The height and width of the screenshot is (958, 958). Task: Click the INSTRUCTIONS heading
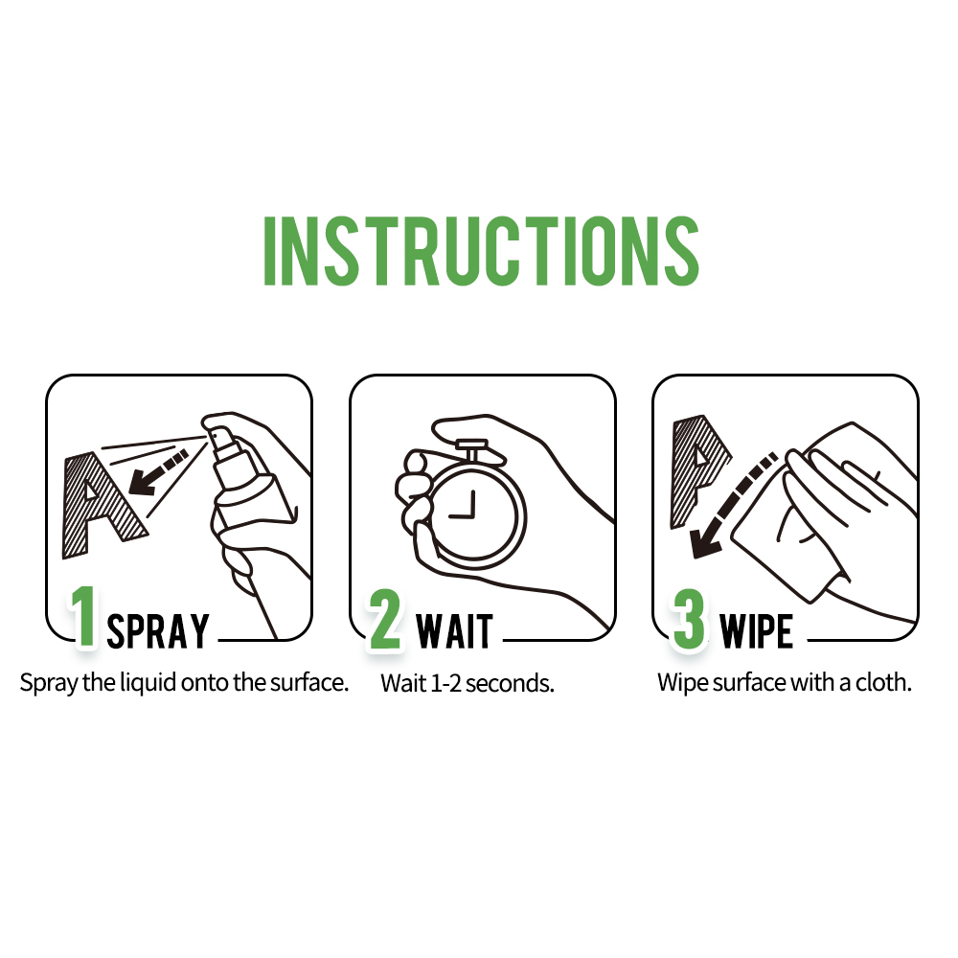480,250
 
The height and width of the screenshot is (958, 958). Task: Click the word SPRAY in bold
158,631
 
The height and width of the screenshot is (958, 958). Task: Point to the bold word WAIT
454,631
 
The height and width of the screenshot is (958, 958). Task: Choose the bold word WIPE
757,631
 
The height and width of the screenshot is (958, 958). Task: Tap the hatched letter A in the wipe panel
694,469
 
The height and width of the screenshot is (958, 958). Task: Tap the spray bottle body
251,508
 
